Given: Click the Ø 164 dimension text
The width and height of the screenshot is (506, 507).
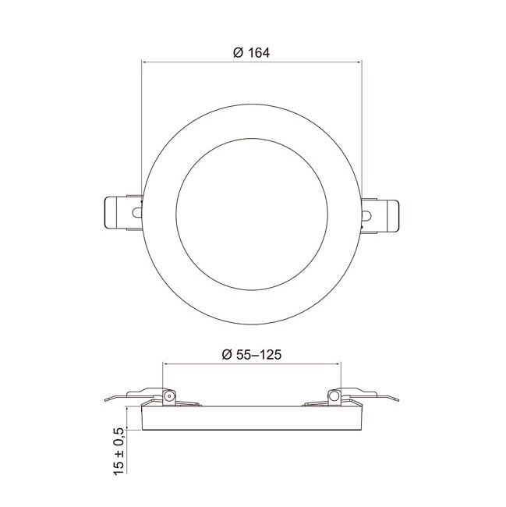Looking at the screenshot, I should click(251, 53).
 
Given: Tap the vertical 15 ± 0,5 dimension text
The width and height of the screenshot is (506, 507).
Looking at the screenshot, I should click(119, 450).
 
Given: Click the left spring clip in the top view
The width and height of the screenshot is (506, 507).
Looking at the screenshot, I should click(122, 212).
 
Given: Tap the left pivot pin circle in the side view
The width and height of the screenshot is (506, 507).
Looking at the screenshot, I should click(168, 396).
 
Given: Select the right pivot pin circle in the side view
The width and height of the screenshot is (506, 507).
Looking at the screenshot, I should click(334, 396).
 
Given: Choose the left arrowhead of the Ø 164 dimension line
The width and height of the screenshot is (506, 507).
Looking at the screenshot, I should click(143, 61).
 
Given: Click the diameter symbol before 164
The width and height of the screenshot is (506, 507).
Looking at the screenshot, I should click(238, 53).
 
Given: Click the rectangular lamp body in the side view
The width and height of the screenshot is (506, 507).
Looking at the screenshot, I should click(251, 420).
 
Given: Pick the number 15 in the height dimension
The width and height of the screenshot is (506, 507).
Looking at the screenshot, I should click(119, 465).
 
